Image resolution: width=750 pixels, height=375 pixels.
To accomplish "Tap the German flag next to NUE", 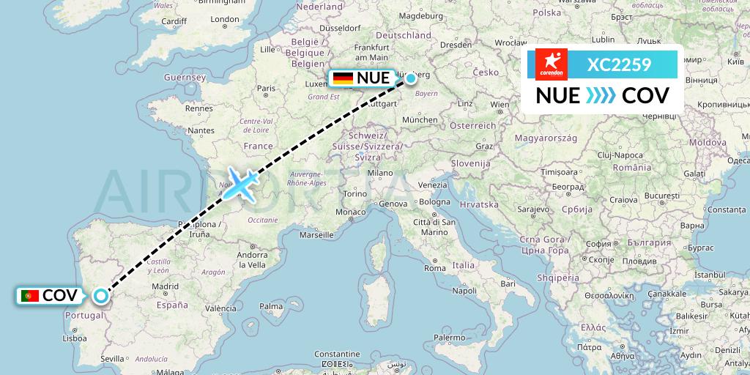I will (342, 78).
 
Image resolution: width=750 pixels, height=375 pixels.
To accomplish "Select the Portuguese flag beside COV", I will (30, 296).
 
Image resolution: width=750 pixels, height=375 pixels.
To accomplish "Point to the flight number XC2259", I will (619, 65).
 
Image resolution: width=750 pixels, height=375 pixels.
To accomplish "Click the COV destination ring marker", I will (100, 296).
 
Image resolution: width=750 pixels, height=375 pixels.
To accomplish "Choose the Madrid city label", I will (166, 286).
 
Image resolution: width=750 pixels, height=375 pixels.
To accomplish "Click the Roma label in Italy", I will (435, 268).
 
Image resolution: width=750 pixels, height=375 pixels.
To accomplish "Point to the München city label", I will (420, 119).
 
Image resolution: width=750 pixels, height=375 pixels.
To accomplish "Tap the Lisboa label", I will (75, 338).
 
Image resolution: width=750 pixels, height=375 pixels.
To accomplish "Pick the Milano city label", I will (381, 173).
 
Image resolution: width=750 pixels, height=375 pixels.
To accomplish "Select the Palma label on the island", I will (271, 305).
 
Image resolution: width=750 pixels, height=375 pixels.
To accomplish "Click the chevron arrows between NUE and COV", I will (601, 95).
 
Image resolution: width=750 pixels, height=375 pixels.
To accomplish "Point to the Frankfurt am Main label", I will (371, 52).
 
